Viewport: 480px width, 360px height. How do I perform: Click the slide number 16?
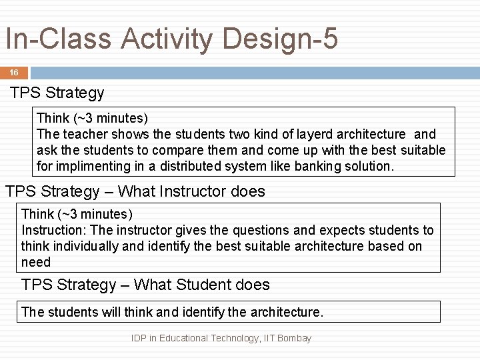point(14,72)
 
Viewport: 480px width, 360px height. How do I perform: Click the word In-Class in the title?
point(59,39)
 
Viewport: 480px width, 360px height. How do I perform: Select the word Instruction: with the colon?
point(54,230)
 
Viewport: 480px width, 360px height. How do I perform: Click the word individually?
point(92,246)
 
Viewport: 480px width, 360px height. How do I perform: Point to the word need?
point(36,262)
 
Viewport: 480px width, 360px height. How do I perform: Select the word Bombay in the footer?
point(294,339)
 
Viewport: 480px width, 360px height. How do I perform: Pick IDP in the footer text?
point(139,339)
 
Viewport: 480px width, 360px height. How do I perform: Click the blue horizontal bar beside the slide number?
point(253,72)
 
